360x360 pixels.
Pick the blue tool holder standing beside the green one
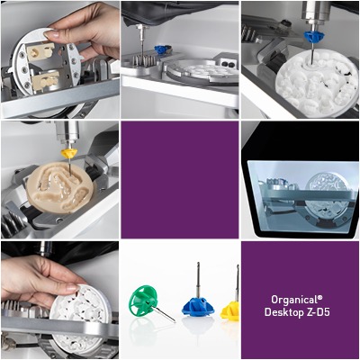pyautogui.click(x=198, y=305)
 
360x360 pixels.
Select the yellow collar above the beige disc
pyautogui.click(x=69, y=154)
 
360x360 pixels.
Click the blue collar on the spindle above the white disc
pyautogui.click(x=314, y=37)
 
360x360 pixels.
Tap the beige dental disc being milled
pyautogui.click(x=60, y=187)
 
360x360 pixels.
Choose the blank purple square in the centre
pyautogui.click(x=180, y=180)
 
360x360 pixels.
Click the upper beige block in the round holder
pyautogui.click(x=40, y=51)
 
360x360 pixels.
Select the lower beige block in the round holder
pyautogui.click(x=44, y=81)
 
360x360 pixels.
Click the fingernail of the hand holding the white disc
pyautogui.click(x=73, y=288)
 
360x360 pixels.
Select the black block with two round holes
pyautogui.click(x=229, y=63)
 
